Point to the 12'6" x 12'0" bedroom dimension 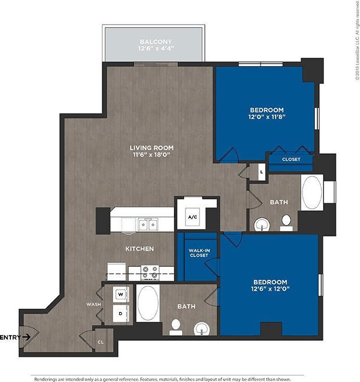[270, 289]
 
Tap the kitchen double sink [147, 223]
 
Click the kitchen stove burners [149, 271]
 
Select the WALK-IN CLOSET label [199, 254]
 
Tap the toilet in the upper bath [286, 221]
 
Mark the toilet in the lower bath [176, 326]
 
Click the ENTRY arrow [27, 337]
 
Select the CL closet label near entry [101, 342]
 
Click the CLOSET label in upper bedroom [290, 160]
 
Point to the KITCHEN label [139, 249]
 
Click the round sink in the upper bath [261, 223]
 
